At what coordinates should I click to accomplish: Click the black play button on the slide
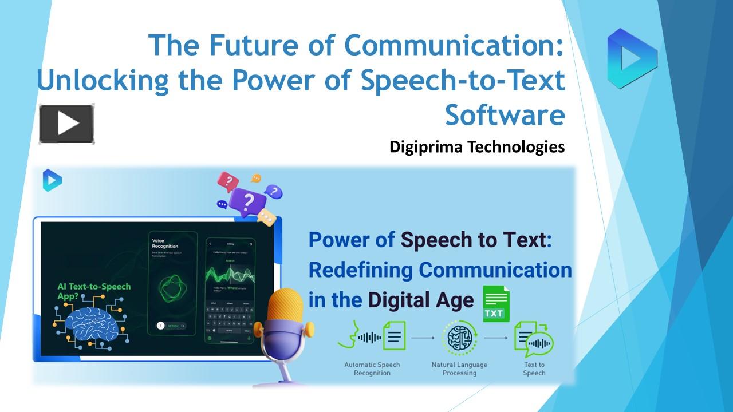coord(66,124)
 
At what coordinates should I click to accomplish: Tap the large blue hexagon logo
coord(632,57)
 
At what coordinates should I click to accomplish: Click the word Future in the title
coord(246,45)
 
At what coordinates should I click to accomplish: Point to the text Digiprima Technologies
coord(476,147)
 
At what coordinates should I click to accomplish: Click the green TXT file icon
coord(495,304)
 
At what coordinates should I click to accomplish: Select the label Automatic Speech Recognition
coord(372,369)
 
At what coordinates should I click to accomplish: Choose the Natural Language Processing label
coord(459,369)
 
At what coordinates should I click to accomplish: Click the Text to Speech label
coord(534,369)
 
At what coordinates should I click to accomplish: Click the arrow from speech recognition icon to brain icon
coord(423,338)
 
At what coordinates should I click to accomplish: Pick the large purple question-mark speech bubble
coord(247,201)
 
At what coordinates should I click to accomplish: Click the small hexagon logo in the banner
coord(52,181)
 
